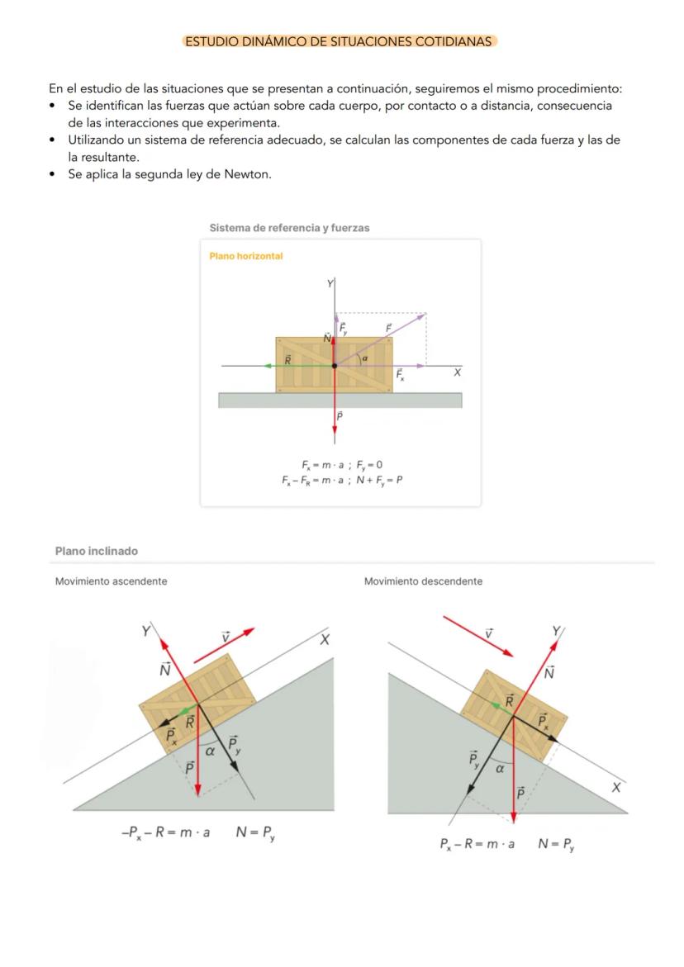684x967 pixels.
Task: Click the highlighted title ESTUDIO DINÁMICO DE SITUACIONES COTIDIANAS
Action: point(339,41)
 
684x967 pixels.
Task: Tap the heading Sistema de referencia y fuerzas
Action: point(289,228)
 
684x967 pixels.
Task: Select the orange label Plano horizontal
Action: point(246,256)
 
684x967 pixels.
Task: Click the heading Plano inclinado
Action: point(97,551)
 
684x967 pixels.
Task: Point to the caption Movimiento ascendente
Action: point(111,581)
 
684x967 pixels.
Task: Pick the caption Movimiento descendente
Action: point(423,581)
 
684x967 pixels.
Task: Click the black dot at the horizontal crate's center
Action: point(335,365)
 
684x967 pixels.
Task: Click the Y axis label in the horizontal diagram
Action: point(330,284)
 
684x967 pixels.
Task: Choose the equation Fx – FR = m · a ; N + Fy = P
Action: point(341,480)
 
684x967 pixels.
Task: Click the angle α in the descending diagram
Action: point(500,768)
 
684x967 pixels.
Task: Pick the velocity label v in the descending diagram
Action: point(489,633)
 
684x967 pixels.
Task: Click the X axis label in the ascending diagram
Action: point(325,640)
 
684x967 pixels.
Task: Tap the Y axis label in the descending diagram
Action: point(557,633)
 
